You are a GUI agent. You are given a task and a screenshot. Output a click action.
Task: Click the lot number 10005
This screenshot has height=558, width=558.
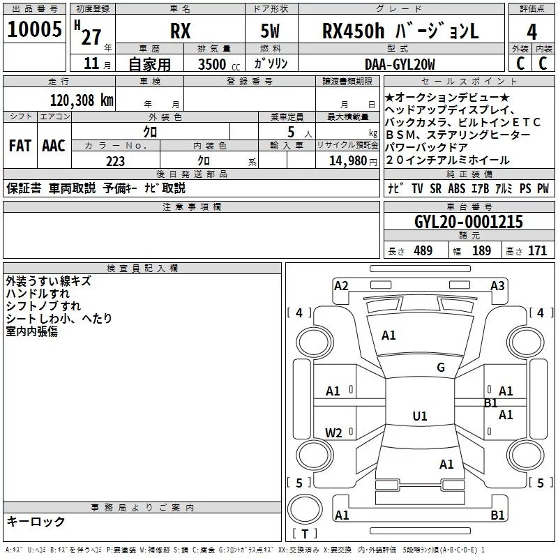34,31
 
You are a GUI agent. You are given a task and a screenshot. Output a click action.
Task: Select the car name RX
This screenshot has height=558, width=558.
180,31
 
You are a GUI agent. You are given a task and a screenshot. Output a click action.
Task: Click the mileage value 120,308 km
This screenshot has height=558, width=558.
82,100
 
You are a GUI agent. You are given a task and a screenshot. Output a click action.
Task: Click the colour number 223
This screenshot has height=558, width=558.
115,161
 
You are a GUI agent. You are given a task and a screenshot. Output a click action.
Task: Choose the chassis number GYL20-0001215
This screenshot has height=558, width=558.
468,222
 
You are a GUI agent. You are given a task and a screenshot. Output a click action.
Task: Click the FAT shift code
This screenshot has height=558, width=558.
20,146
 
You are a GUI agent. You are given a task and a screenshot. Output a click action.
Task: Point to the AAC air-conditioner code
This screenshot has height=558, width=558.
53,146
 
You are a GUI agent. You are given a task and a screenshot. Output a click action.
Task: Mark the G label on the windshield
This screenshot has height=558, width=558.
441,368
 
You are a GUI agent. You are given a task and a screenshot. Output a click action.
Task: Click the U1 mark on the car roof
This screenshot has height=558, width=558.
419,416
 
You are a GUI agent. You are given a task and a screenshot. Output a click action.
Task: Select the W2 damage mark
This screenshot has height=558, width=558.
334,432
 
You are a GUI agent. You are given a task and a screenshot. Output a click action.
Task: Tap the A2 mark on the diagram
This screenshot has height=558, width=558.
341,285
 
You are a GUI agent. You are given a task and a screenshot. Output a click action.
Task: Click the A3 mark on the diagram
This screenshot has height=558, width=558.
497,285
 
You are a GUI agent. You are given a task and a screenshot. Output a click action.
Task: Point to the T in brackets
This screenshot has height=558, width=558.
305,534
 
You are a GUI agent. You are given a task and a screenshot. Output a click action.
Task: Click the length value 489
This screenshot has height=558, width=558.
423,251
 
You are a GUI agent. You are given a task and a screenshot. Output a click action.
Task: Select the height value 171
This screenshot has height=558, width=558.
537,251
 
